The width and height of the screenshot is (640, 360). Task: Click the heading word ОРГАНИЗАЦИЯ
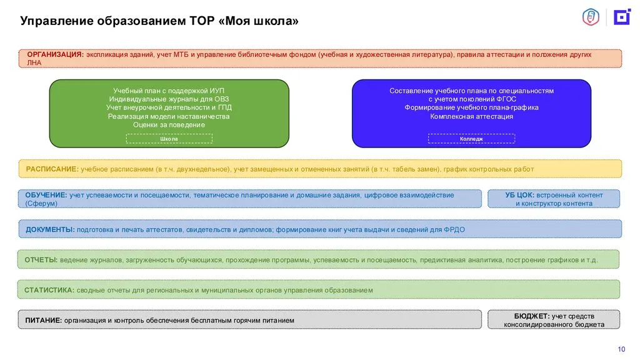[55, 54]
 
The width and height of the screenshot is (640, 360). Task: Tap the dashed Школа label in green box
[169, 139]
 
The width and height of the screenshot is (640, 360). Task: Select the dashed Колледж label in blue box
[471, 139]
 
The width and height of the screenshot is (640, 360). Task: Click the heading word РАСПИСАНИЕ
[52, 169]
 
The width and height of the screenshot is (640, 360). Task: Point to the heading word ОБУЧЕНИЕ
[46, 195]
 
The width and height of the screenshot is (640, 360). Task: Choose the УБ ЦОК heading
[519, 195]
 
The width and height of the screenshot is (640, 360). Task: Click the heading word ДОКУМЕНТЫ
[50, 230]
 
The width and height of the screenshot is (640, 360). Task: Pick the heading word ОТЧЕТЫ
[41, 260]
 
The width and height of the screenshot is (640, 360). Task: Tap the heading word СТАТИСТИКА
[49, 290]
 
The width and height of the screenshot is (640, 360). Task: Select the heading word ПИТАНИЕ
[43, 321]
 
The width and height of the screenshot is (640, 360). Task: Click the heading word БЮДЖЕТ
[531, 316]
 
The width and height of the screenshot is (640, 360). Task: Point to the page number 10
[621, 349]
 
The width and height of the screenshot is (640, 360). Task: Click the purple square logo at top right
[622, 17]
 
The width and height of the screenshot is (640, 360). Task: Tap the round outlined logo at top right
[591, 17]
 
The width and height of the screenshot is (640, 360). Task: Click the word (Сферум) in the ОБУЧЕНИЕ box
[41, 203]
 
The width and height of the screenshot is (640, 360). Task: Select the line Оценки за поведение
[169, 125]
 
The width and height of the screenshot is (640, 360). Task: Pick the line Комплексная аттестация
[471, 116]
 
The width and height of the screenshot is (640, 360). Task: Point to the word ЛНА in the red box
[34, 62]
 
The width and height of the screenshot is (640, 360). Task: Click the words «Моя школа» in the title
[259, 21]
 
